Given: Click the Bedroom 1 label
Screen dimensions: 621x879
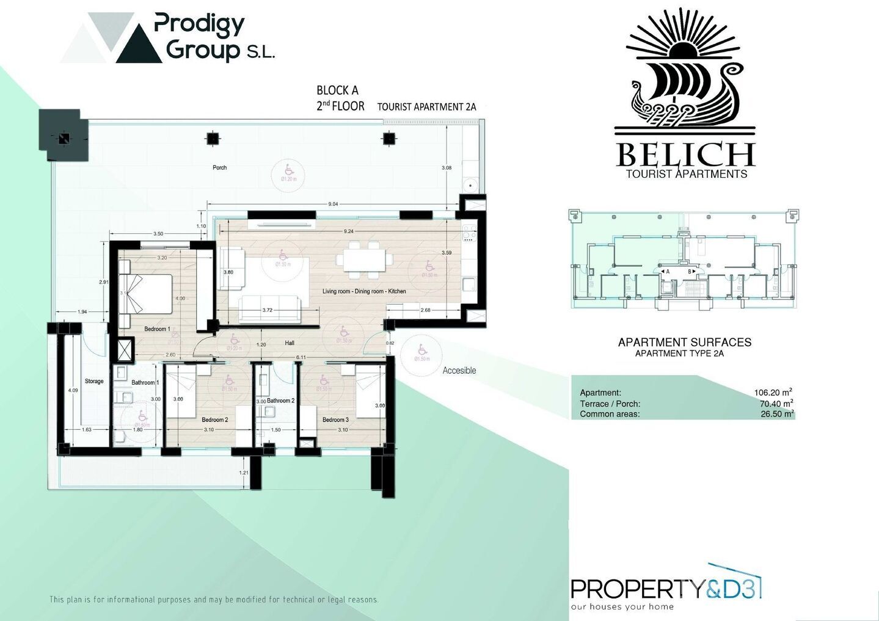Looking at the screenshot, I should (x=157, y=329).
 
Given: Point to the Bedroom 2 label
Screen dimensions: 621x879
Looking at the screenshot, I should (x=215, y=420).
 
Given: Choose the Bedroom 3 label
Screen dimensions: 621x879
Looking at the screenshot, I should (x=335, y=420).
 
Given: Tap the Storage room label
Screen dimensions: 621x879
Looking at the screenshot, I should (x=94, y=382).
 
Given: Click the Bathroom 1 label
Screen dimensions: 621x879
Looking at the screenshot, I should (x=145, y=383).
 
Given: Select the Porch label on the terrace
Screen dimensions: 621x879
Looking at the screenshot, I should (x=219, y=168).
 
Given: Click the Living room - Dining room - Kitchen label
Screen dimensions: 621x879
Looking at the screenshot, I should (x=364, y=292).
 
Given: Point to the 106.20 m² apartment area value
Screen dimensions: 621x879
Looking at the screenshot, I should (x=773, y=393).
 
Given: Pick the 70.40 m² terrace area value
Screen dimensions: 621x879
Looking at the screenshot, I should (x=773, y=404).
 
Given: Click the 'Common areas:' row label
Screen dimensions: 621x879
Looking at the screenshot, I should (x=609, y=414).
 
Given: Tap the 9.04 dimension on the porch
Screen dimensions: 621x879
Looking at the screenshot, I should (x=333, y=204).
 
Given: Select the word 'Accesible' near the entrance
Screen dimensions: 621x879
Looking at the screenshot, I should (x=459, y=371).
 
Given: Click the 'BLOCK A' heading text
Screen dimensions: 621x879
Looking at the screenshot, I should (x=337, y=90).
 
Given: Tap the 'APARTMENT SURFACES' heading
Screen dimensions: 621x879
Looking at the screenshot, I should (x=684, y=343).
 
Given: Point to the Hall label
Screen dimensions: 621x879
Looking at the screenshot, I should (x=290, y=343).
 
